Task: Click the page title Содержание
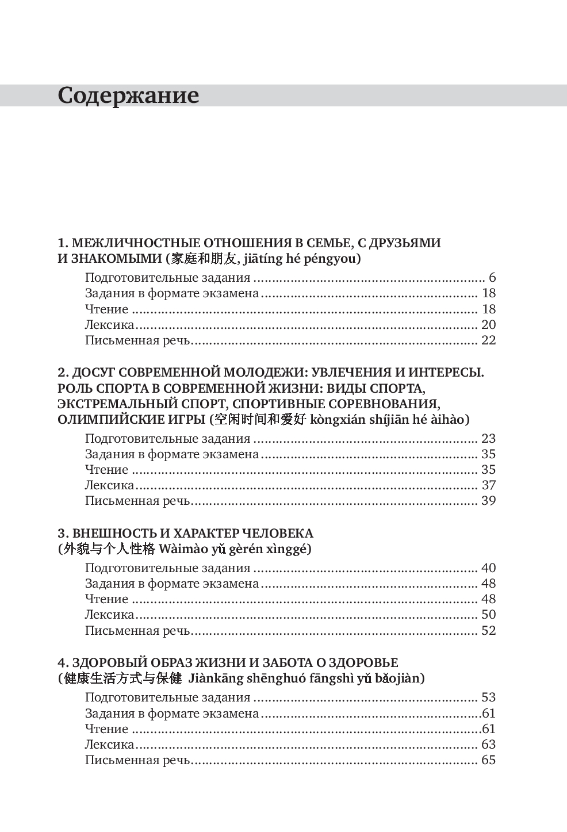[x=128, y=95]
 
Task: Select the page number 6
[x=492, y=278]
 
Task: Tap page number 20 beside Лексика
[x=488, y=324]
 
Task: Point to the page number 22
[x=488, y=340]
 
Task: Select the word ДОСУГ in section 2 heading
[x=95, y=373]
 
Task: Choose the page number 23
[x=488, y=439]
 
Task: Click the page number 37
[x=488, y=485]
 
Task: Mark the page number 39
[x=488, y=501]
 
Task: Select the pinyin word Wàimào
[x=182, y=549]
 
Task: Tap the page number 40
[x=488, y=568]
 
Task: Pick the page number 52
[x=488, y=630]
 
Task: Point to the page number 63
[x=488, y=745]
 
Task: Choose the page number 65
[x=488, y=760]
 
